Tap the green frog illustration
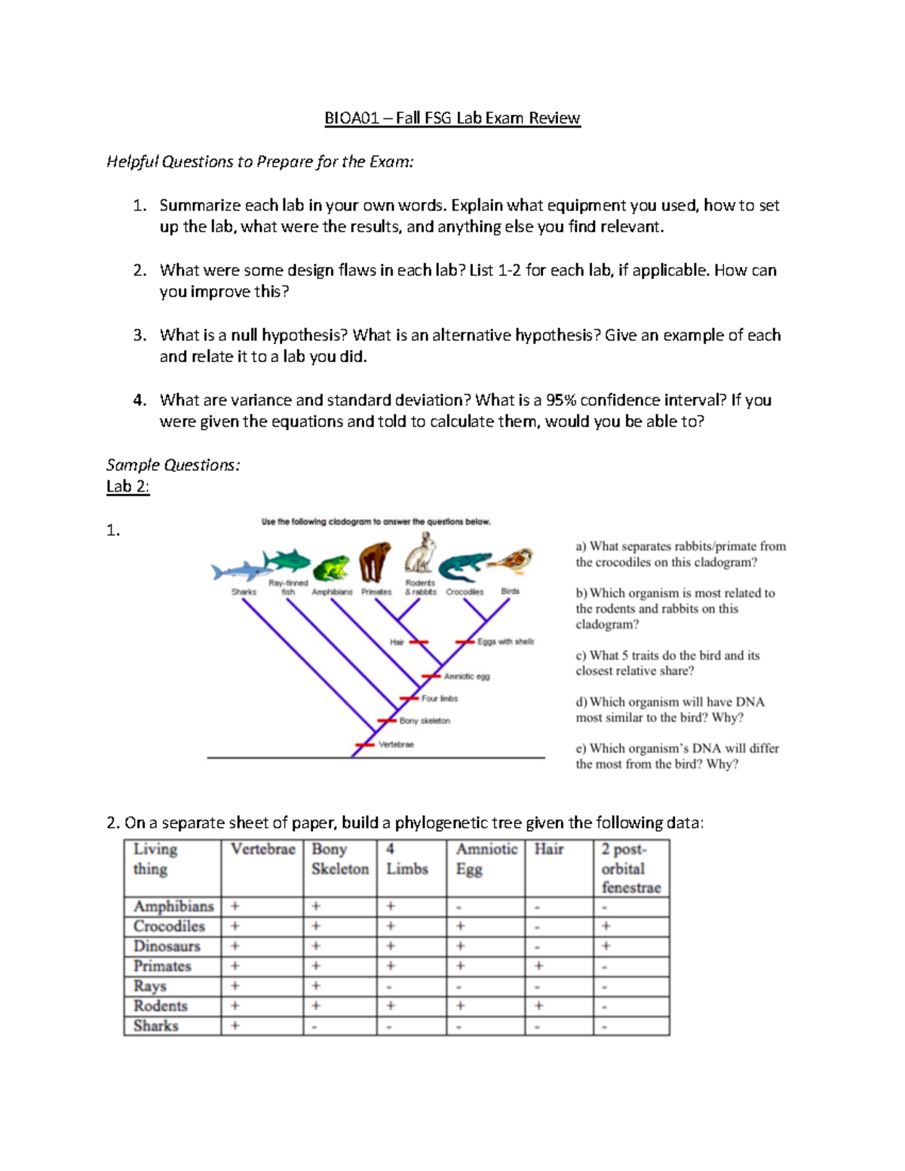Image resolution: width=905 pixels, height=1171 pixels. pyautogui.click(x=330, y=569)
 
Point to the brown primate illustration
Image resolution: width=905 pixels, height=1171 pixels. pyautogui.click(x=375, y=563)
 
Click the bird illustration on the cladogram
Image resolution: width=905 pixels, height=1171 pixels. pyautogui.click(x=513, y=562)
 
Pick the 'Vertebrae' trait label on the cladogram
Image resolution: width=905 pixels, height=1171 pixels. pyautogui.click(x=396, y=745)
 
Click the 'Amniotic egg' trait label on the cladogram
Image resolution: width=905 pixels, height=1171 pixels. pyautogui.click(x=466, y=676)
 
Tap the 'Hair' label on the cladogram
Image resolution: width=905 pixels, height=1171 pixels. pyautogui.click(x=397, y=642)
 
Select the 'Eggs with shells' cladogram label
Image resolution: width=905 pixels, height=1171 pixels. pyautogui.click(x=505, y=642)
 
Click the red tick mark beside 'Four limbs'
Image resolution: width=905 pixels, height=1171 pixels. pyautogui.click(x=409, y=698)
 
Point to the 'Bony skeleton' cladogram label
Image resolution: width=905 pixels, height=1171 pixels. pyautogui.click(x=425, y=721)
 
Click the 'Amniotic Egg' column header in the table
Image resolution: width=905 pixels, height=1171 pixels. pyautogui.click(x=486, y=859)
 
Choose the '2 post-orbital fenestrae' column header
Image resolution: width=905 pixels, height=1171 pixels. pyautogui.click(x=630, y=868)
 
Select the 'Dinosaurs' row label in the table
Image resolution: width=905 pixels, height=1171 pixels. pyautogui.click(x=167, y=946)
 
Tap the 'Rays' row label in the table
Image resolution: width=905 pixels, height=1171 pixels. pyautogui.click(x=149, y=986)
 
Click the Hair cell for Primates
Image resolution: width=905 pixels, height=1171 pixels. pyautogui.click(x=538, y=966)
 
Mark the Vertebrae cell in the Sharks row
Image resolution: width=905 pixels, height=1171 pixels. pyautogui.click(x=235, y=1025)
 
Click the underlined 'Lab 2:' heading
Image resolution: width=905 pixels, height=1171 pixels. pyautogui.click(x=127, y=486)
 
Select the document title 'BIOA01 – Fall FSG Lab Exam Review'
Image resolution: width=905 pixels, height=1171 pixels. pyautogui.click(x=452, y=118)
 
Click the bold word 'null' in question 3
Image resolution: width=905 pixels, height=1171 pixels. pyautogui.click(x=244, y=336)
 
